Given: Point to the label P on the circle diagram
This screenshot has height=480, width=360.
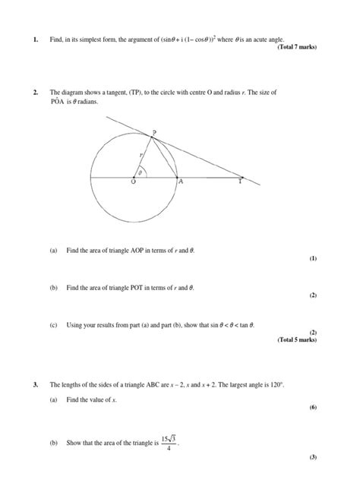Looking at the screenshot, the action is coord(153,132).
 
